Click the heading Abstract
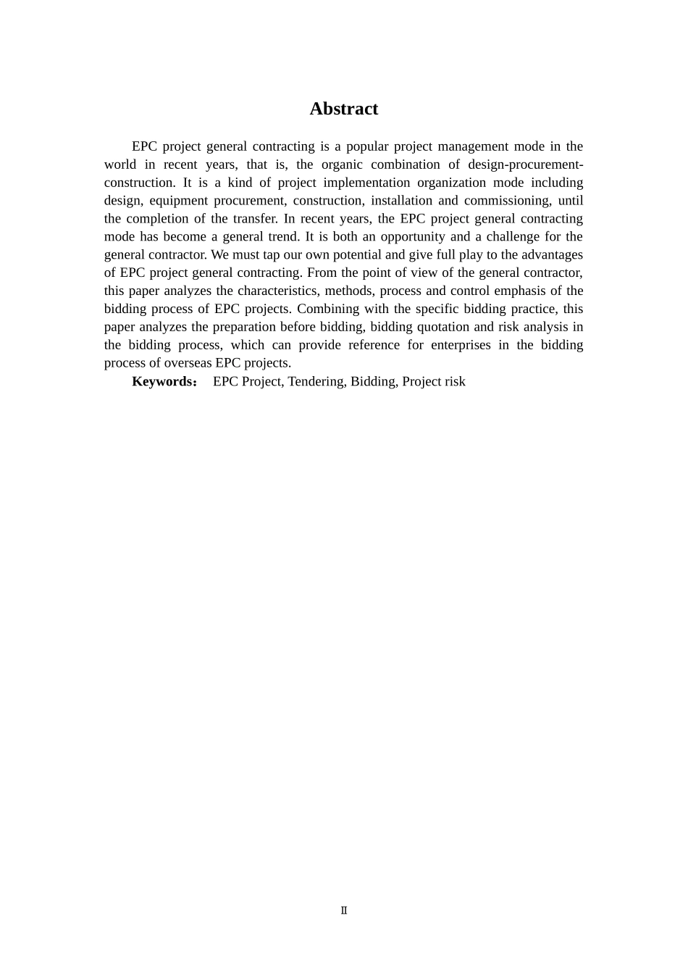click(344, 109)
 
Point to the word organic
click(343, 165)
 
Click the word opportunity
click(413, 237)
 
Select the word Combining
click(328, 309)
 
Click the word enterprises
click(461, 346)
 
